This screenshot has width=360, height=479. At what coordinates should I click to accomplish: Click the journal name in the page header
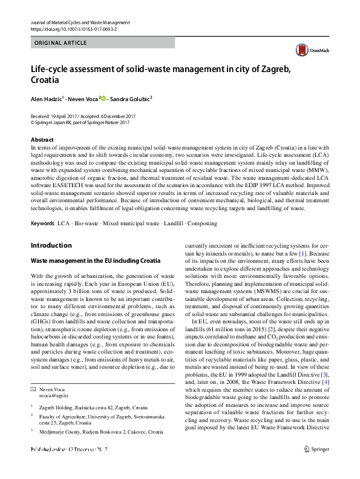point(80,22)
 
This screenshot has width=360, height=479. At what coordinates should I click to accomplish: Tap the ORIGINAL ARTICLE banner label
point(61,43)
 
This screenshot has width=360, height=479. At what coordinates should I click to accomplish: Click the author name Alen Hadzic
point(47,98)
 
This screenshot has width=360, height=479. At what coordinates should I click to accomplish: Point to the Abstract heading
point(42,140)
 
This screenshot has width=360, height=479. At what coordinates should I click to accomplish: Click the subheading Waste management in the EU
point(96,260)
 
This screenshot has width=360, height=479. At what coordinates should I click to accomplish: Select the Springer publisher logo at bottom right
point(317,466)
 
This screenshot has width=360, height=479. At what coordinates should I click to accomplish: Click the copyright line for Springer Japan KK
point(80,122)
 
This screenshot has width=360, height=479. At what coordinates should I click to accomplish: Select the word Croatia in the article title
point(45,80)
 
